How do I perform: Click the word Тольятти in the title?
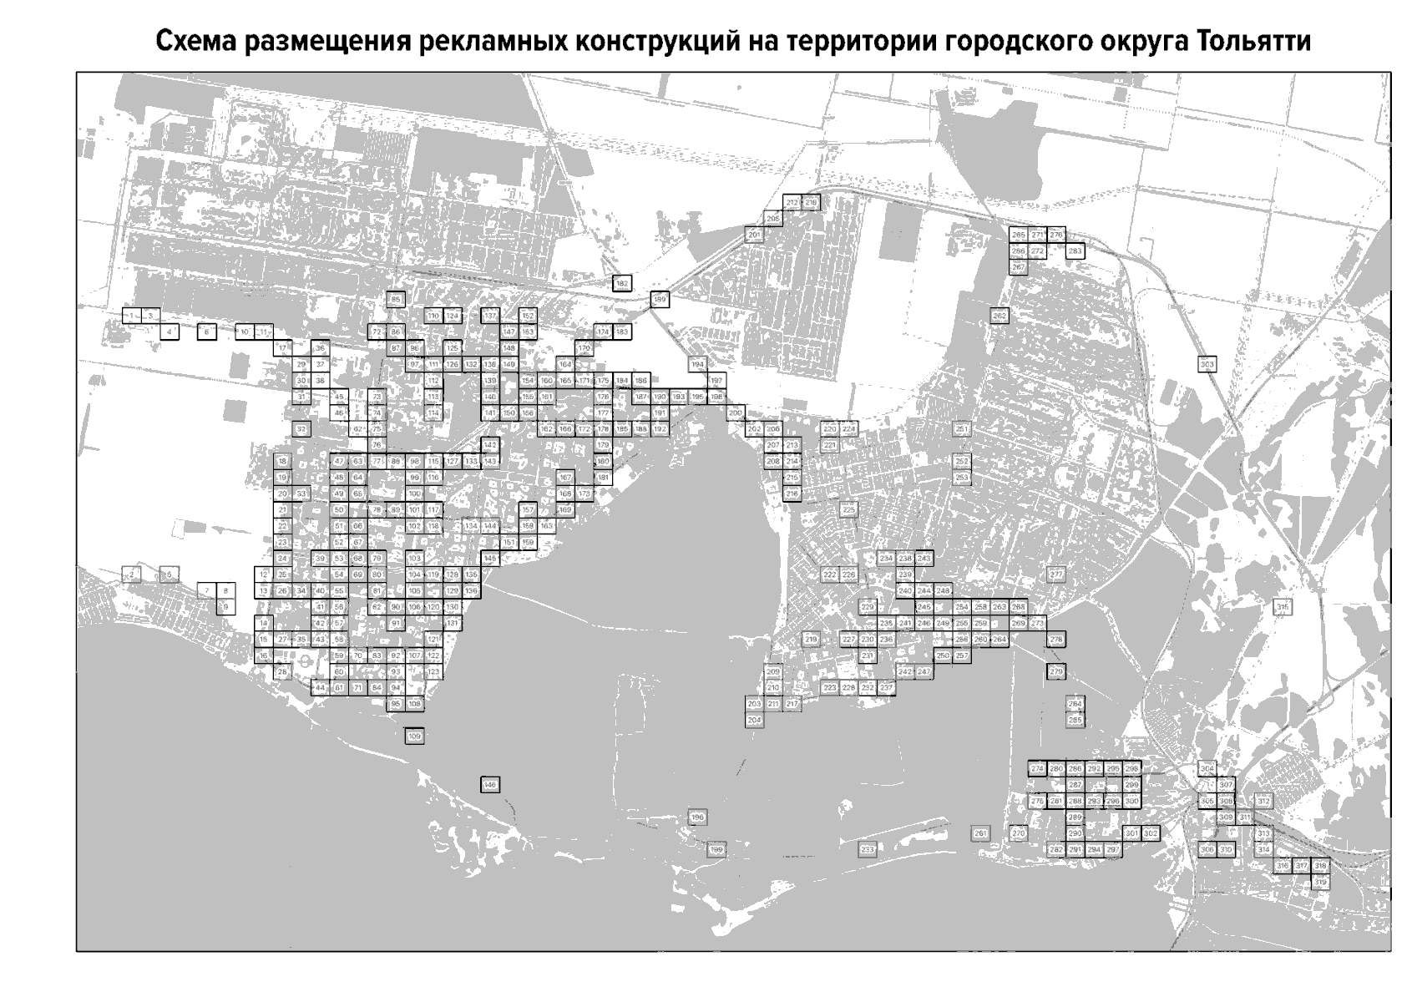(1253, 42)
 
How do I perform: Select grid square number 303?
(1207, 364)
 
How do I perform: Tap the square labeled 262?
(999, 316)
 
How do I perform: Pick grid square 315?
(1282, 608)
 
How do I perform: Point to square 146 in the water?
(490, 785)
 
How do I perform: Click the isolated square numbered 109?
(414, 736)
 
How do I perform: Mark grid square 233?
(868, 850)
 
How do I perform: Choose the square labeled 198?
(698, 817)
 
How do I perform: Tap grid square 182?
(621, 284)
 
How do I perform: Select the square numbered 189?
(660, 300)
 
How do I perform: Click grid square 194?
(698, 365)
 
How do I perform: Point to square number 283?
(1075, 250)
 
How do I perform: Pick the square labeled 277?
(1056, 574)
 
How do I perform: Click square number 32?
(301, 429)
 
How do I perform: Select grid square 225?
(848, 509)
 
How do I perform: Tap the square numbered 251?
(962, 429)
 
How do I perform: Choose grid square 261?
(981, 833)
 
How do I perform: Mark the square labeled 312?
(1263, 802)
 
